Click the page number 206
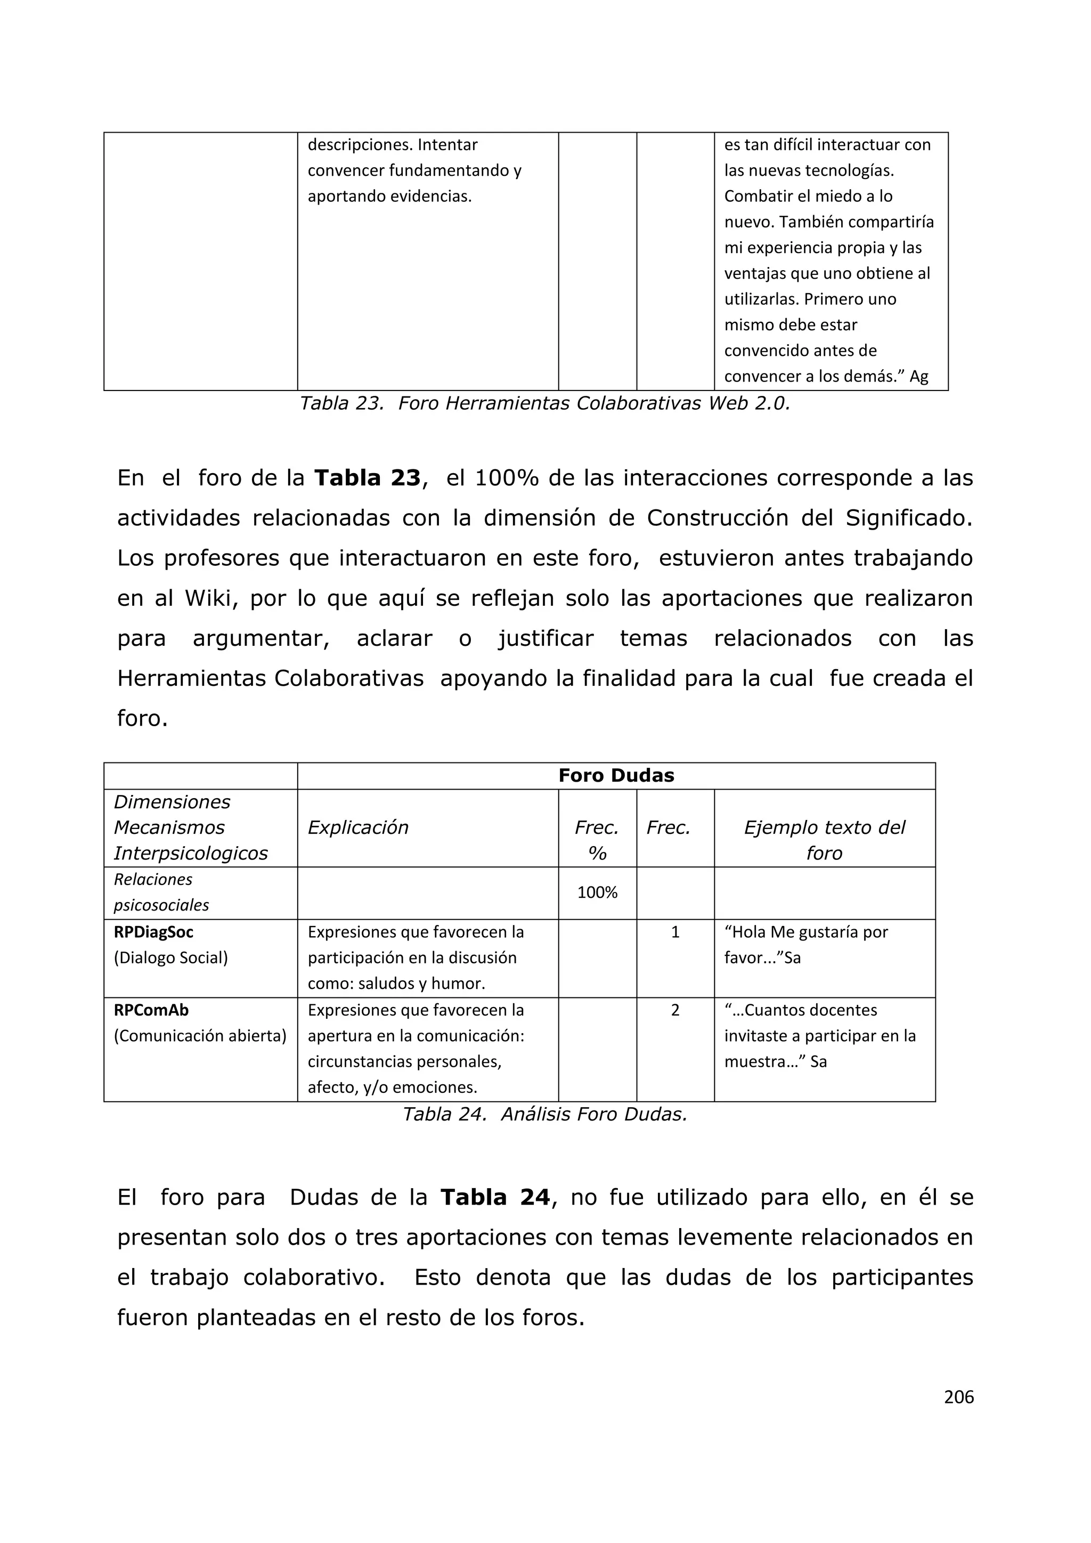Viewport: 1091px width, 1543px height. (x=959, y=1397)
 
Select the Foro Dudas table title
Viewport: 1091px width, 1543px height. (x=616, y=776)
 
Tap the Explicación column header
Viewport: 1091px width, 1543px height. (x=358, y=827)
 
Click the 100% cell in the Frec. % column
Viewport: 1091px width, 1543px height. (x=597, y=892)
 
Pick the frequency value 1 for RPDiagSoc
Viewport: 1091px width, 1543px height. (x=675, y=932)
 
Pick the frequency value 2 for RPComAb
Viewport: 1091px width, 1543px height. (x=675, y=1010)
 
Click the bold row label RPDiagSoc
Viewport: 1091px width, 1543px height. (x=153, y=932)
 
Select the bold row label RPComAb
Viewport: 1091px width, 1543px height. (x=151, y=1010)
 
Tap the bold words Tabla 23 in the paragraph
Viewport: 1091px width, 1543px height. (x=368, y=478)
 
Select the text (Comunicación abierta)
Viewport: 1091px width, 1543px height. (x=200, y=1036)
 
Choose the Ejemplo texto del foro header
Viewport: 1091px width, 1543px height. (x=824, y=840)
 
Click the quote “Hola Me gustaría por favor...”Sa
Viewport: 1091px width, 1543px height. (x=806, y=945)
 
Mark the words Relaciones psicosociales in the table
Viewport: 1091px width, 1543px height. (x=161, y=892)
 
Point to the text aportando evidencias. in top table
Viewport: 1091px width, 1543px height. (x=389, y=196)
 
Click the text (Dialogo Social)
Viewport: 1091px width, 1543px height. (x=170, y=957)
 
